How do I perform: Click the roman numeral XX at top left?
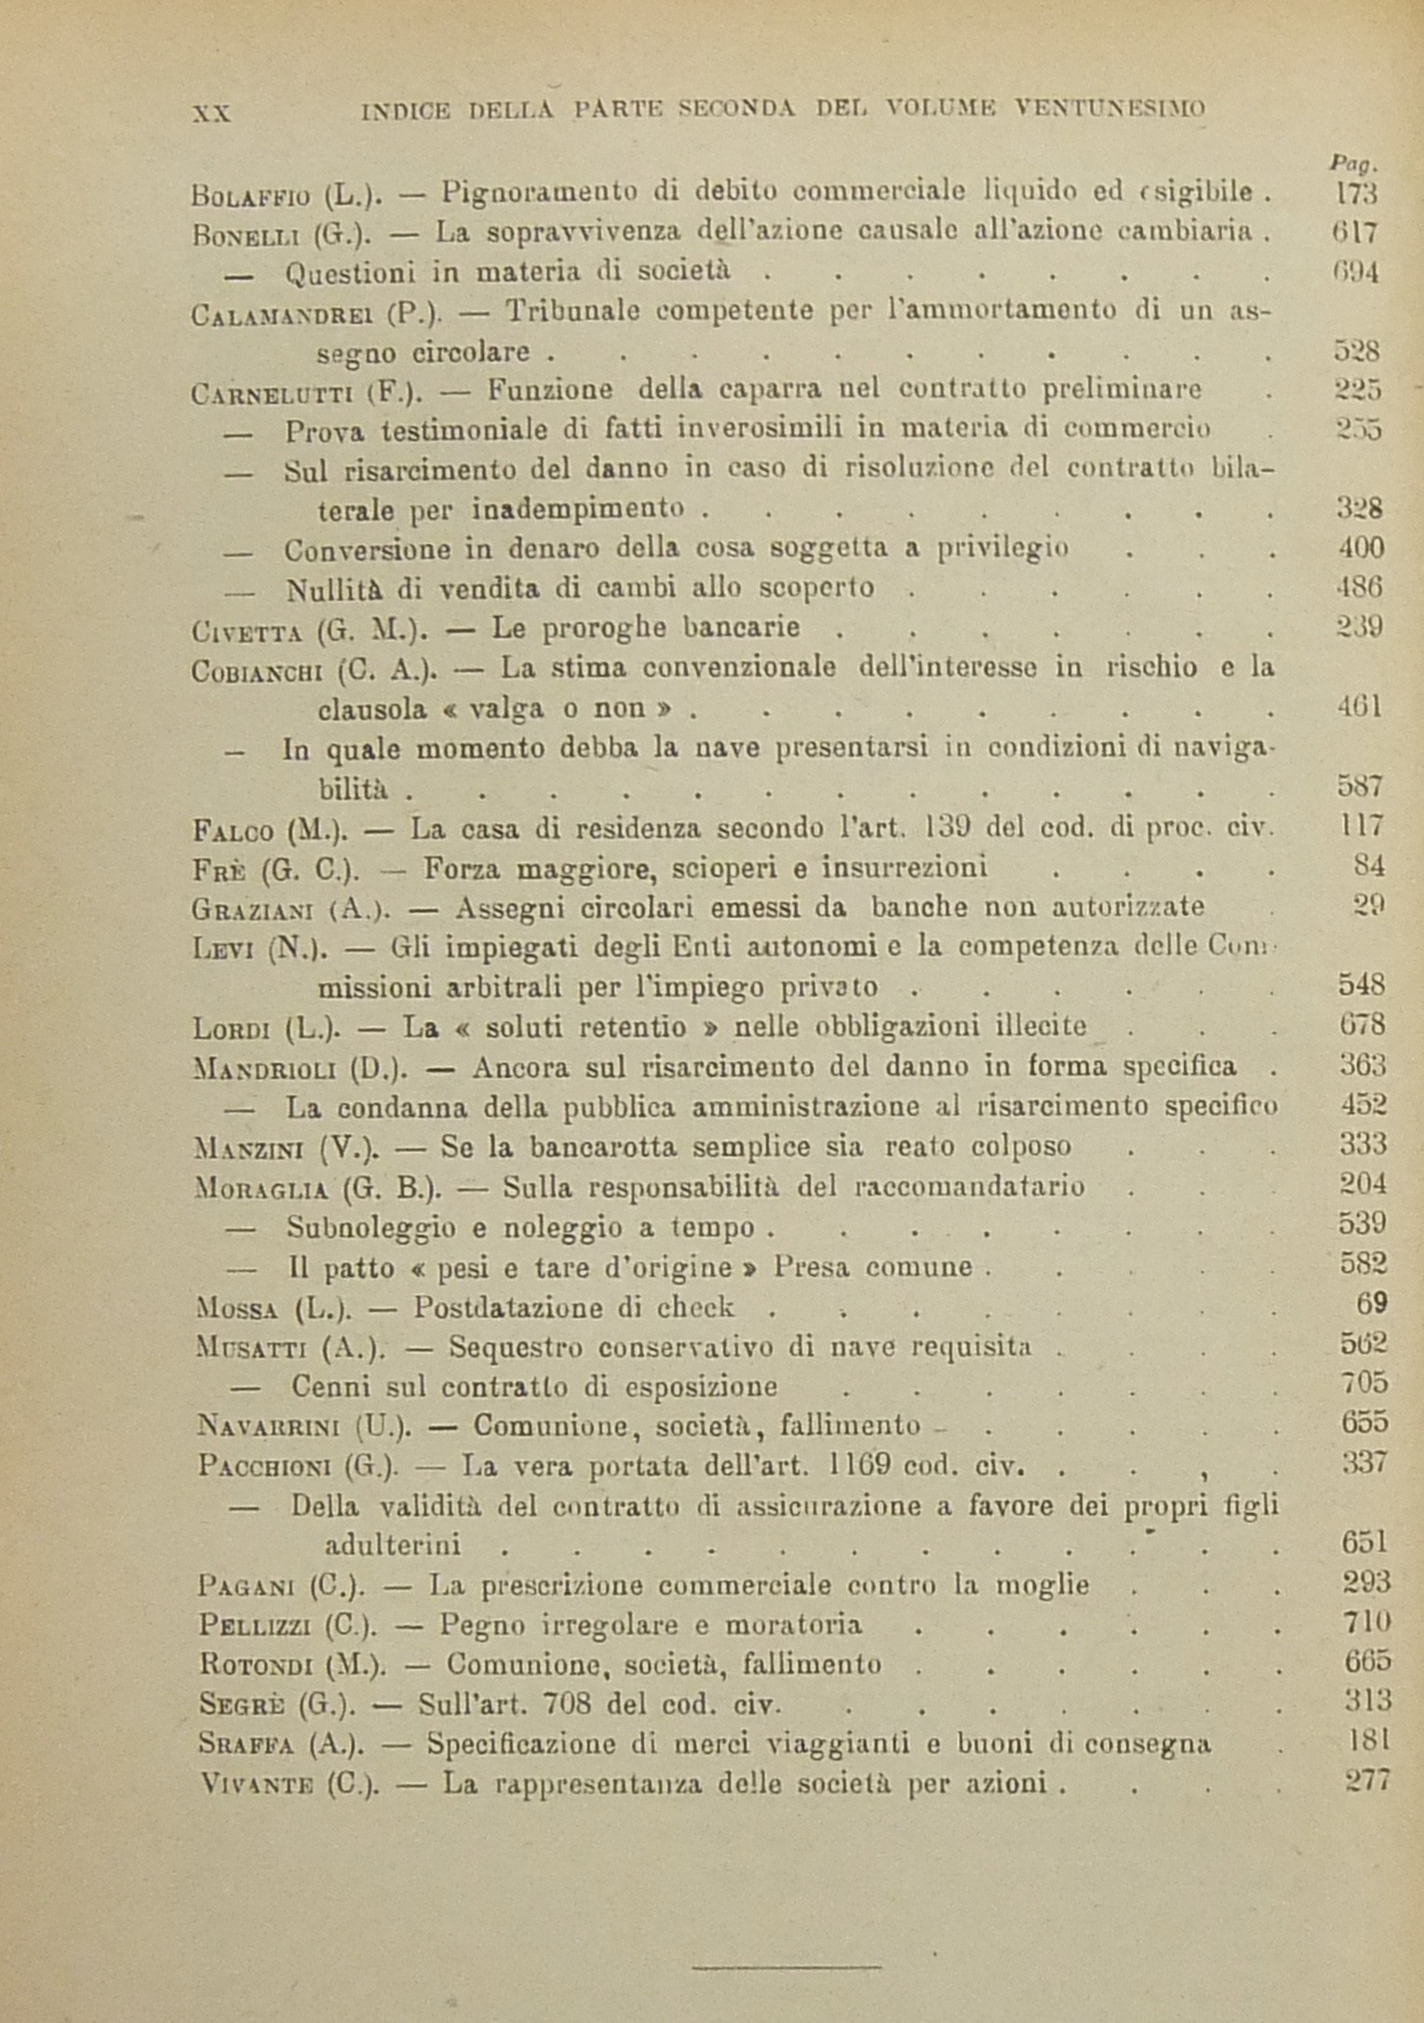211,113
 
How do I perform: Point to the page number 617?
1354,232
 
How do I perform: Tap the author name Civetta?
246,630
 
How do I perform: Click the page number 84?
1369,866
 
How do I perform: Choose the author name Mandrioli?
264,1068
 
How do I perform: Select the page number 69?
1372,1303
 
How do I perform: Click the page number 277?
1367,1781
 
